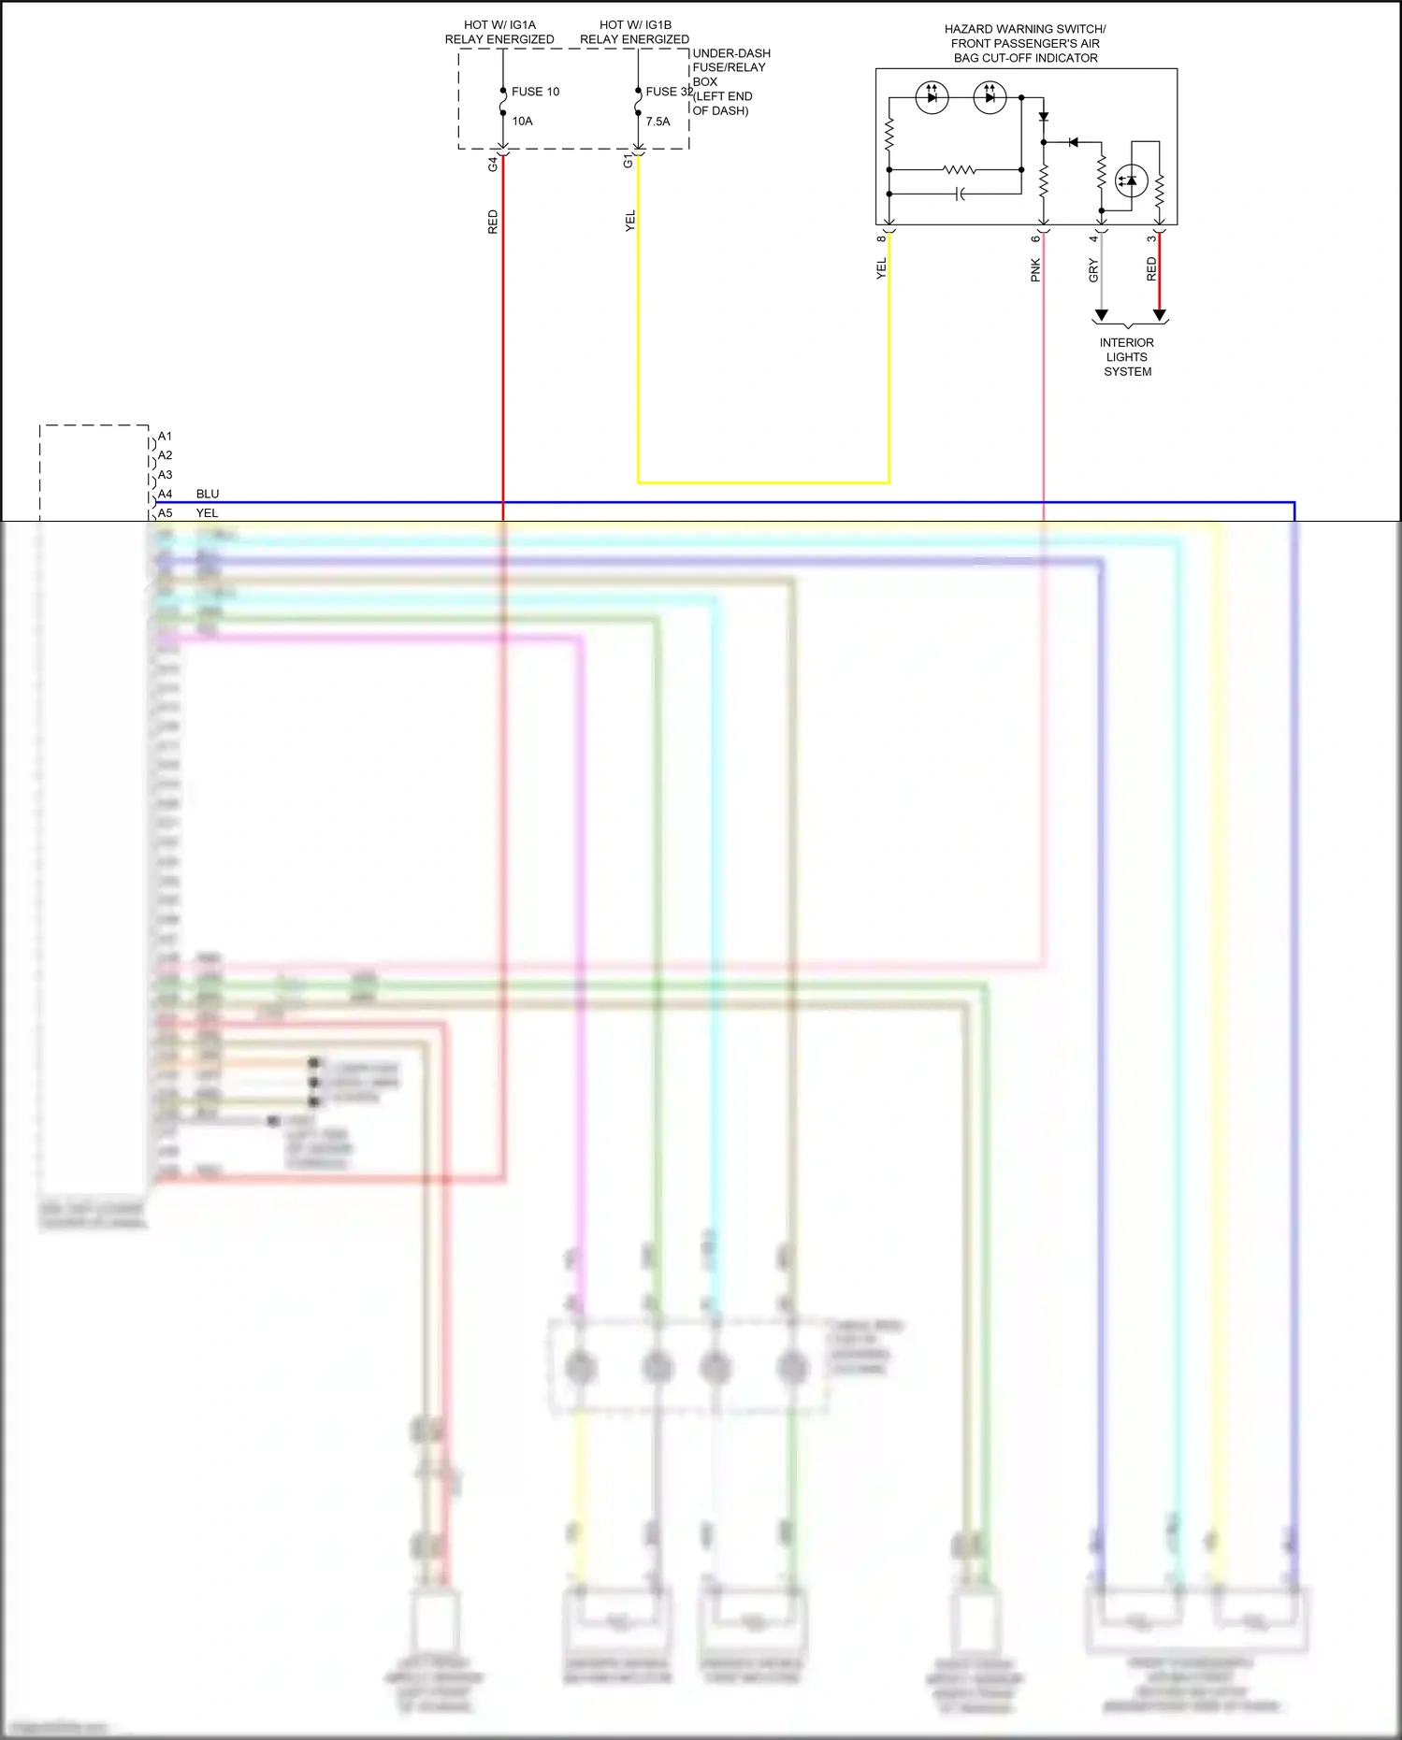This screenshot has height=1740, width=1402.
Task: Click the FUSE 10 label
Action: tap(535, 92)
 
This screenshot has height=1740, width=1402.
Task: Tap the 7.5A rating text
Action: tap(658, 122)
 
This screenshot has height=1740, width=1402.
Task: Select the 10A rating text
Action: tap(522, 122)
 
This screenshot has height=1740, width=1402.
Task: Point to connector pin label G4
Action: tap(493, 164)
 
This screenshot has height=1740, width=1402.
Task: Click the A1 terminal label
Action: tap(165, 437)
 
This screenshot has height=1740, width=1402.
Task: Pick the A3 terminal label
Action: tap(165, 475)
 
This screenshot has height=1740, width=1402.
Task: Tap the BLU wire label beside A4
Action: tap(208, 494)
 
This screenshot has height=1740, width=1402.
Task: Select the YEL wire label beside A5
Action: tap(207, 513)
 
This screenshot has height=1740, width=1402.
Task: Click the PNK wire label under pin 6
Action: tap(1035, 270)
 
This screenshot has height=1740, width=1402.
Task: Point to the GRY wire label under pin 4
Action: tap(1093, 270)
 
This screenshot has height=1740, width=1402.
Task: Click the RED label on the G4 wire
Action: tap(493, 222)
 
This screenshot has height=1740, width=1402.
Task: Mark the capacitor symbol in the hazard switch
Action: tap(960, 194)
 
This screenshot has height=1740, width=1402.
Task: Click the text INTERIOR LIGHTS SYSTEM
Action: tap(1127, 357)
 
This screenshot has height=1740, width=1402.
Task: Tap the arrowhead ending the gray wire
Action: tap(1102, 316)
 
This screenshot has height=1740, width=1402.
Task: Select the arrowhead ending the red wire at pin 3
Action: tap(1160, 316)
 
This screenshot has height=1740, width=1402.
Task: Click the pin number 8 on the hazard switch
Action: tap(881, 238)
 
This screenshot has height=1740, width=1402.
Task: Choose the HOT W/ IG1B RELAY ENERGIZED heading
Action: tap(635, 33)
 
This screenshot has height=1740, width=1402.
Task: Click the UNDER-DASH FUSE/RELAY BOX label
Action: tap(731, 82)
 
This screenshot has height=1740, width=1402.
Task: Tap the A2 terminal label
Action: tap(165, 455)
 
